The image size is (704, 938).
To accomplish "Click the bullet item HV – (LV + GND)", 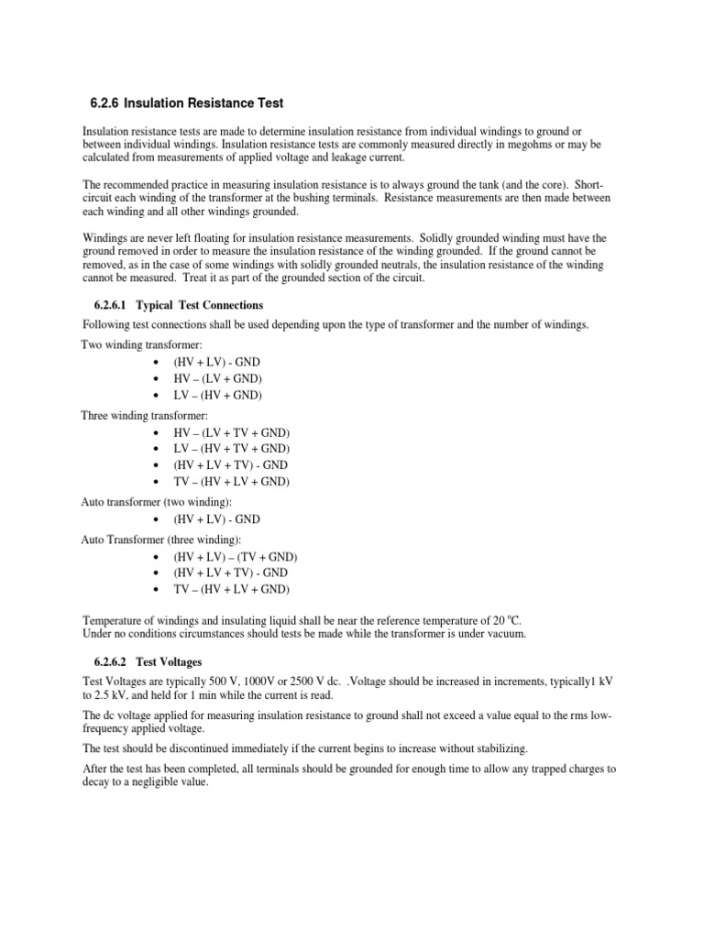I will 217,378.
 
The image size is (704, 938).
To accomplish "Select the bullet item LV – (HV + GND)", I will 217,395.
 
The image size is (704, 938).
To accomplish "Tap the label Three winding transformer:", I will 152,415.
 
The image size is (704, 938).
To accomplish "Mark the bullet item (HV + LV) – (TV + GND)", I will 236,557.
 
